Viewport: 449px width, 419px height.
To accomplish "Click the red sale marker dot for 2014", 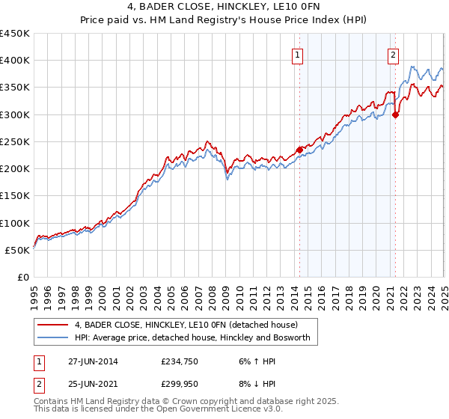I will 299,150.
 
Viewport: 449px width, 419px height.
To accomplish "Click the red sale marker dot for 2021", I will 395,114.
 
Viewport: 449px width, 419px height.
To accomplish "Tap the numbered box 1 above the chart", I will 298,54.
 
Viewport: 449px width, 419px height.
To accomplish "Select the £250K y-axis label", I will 15,141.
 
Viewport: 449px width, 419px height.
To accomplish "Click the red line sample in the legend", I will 52,325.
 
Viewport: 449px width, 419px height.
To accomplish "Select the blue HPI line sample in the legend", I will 52,338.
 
